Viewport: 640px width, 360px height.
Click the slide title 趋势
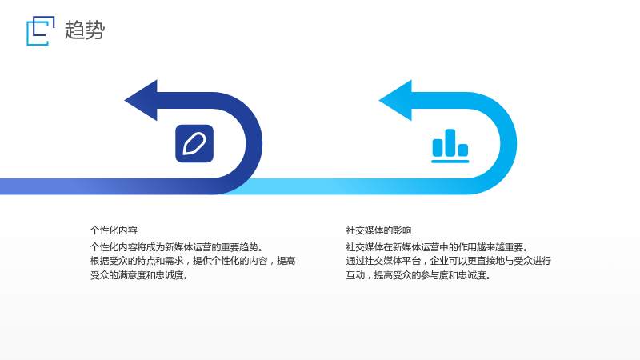(85, 30)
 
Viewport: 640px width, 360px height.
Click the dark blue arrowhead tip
(125, 100)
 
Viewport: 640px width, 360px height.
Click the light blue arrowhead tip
(379, 100)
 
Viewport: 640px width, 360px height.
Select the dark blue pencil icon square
(194, 144)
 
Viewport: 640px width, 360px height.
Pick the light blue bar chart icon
(450, 146)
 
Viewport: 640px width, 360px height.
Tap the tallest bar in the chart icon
(450, 142)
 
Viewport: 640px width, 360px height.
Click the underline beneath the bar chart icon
(450, 162)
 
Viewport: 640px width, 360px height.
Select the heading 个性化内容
(114, 230)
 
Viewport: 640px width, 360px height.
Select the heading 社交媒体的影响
(378, 230)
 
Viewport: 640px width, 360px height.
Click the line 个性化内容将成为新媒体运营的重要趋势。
(177, 247)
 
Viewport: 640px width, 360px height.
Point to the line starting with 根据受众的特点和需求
(193, 261)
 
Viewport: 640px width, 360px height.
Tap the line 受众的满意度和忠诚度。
(139, 275)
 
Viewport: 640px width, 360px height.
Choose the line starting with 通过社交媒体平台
(449, 261)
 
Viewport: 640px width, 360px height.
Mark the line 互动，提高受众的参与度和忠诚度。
(418, 275)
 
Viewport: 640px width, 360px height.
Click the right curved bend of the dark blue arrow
(254, 144)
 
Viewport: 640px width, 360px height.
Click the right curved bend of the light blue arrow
(509, 144)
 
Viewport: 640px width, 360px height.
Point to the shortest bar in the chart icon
(463, 150)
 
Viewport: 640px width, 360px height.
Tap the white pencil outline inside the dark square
(194, 144)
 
